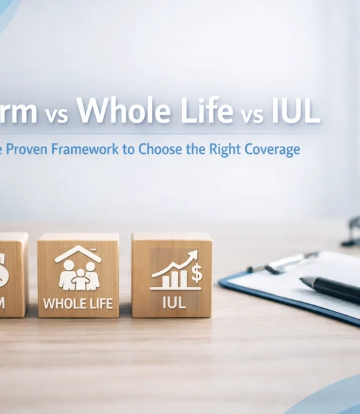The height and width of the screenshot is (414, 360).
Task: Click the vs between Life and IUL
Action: click(x=250, y=115)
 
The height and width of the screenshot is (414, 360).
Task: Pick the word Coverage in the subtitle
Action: click(x=271, y=149)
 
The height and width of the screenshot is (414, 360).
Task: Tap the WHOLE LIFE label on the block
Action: click(x=78, y=303)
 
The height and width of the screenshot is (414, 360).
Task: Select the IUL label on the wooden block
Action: click(x=172, y=303)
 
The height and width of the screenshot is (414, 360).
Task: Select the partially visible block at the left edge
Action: click(x=12, y=275)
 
